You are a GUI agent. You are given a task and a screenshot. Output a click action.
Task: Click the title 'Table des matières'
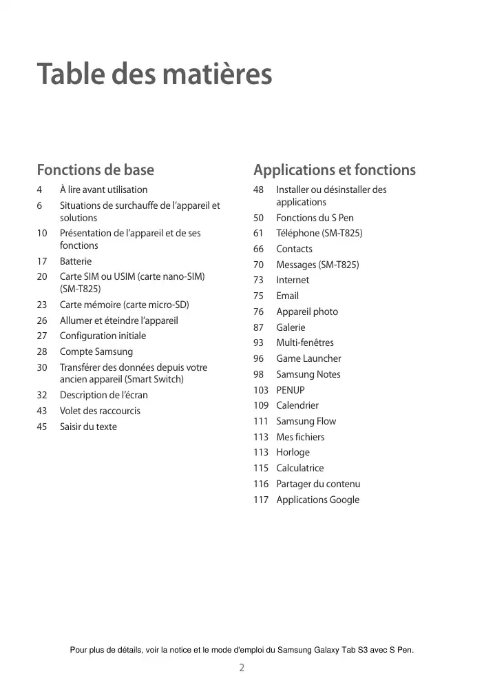(154, 74)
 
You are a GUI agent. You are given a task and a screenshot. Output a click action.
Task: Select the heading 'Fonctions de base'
(95, 170)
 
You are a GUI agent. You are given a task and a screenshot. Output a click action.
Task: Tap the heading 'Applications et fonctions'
(334, 170)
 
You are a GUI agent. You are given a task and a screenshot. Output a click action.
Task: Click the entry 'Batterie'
(76, 261)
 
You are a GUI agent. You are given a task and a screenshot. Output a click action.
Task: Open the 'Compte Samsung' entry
(96, 351)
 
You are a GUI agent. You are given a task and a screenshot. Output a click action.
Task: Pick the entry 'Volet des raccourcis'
(100, 411)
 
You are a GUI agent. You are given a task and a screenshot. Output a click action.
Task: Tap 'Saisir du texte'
(88, 427)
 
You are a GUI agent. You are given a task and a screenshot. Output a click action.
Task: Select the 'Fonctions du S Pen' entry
(315, 218)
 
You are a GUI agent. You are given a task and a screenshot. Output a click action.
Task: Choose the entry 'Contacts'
(294, 249)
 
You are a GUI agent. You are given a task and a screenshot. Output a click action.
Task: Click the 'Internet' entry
(293, 280)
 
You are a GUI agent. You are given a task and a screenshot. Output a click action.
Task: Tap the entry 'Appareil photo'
(307, 311)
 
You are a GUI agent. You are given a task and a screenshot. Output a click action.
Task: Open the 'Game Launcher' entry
(308, 358)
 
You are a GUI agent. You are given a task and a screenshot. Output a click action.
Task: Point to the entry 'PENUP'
(291, 390)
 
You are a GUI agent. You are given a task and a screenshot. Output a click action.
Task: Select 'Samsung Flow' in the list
(306, 421)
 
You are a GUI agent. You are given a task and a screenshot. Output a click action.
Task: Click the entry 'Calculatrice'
(299, 468)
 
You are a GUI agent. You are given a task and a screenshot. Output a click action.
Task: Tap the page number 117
(260, 500)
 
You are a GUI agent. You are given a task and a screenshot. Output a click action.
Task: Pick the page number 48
(258, 190)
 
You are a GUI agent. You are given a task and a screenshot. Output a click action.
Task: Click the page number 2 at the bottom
(242, 667)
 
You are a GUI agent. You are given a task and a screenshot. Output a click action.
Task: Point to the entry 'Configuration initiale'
(103, 336)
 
